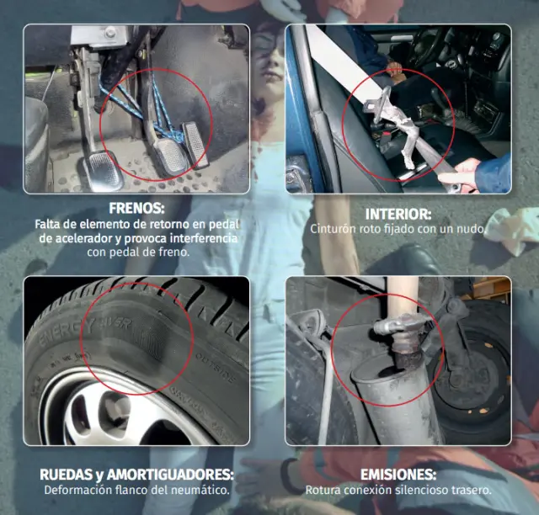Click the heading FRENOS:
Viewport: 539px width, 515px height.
(136, 208)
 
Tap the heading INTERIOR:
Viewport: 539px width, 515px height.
(398, 215)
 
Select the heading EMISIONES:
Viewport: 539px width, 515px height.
(398, 475)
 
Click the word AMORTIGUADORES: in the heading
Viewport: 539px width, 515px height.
(170, 475)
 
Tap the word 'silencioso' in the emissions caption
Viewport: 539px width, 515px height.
(422, 490)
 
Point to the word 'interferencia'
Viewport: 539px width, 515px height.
(204, 238)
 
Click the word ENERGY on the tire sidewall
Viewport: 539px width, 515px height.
(67, 332)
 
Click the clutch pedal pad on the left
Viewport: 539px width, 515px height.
(102, 170)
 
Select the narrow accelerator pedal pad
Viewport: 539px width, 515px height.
(195, 145)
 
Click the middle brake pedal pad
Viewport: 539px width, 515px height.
(170, 156)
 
